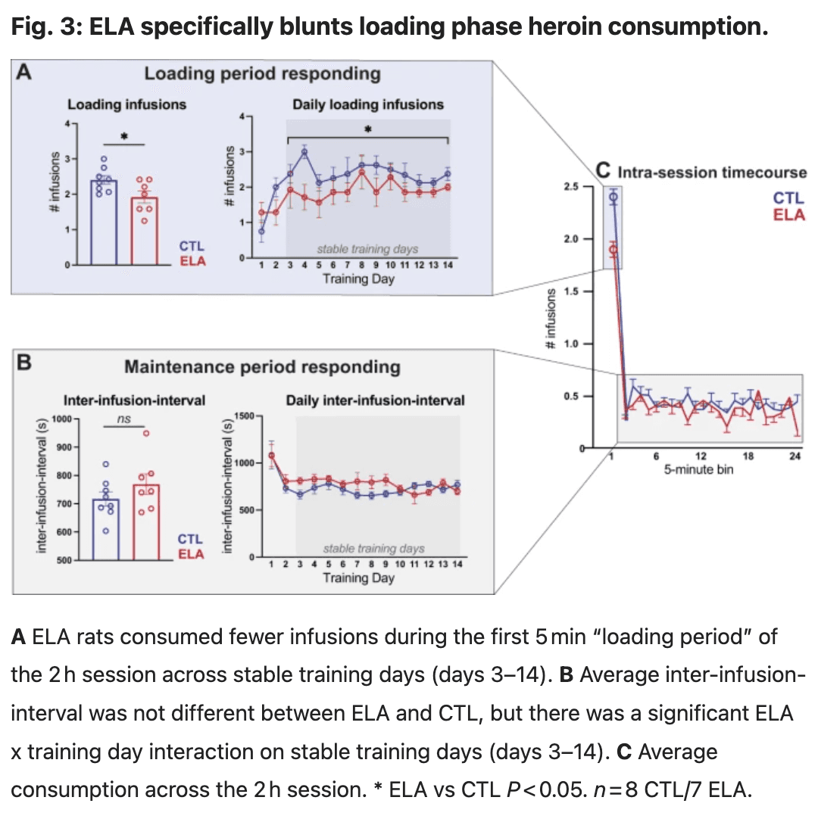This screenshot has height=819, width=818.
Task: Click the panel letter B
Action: click(24, 363)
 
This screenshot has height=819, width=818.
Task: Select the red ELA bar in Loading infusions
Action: click(144, 231)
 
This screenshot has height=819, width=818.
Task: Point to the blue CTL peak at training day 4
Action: click(304, 151)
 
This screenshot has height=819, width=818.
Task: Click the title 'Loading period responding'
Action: click(262, 73)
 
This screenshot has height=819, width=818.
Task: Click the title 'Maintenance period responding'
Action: click(262, 367)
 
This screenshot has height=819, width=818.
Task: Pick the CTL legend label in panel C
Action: click(788, 198)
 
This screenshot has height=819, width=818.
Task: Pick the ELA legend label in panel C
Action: click(788, 215)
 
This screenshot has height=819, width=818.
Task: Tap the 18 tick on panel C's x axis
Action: click(748, 456)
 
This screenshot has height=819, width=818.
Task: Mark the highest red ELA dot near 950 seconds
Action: click(146, 433)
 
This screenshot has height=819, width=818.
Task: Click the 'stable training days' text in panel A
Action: click(367, 248)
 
